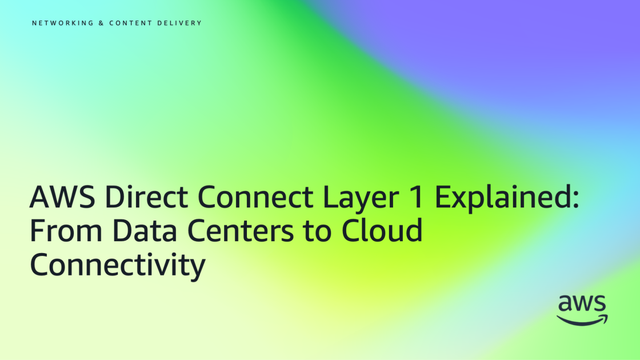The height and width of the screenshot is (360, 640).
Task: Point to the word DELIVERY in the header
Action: [179, 23]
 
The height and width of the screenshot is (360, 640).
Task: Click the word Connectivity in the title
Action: [117, 265]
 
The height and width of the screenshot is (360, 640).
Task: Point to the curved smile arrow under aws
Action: [582, 320]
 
